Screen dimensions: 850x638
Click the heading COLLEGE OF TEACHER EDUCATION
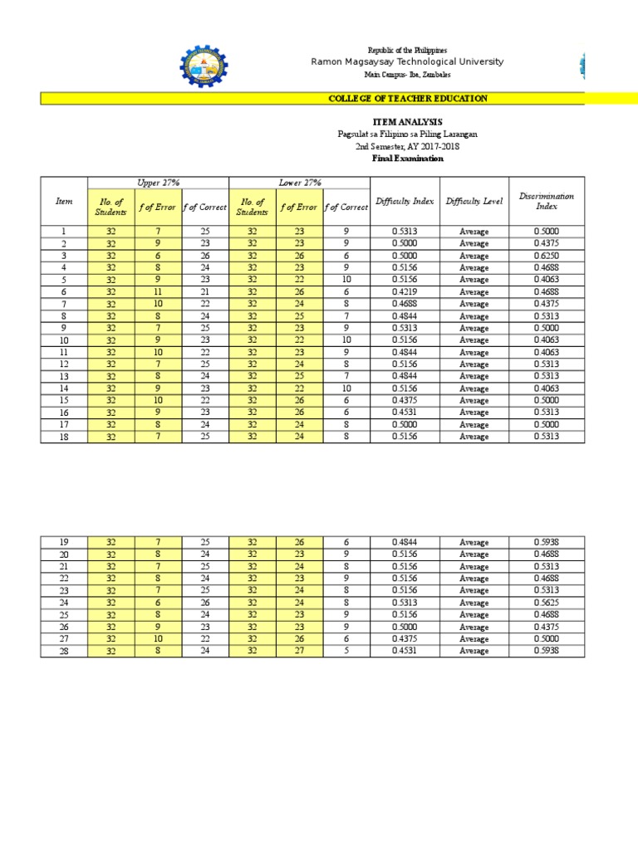point(408,99)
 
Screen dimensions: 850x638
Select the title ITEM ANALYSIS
point(407,122)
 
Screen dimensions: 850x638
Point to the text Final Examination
point(407,159)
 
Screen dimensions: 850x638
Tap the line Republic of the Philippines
point(407,51)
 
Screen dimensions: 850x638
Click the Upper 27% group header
point(158,183)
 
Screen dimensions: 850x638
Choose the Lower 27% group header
point(299,183)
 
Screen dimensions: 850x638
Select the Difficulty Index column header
point(405,201)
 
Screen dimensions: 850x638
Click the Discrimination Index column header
point(547,201)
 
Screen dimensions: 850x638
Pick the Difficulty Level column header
point(474,201)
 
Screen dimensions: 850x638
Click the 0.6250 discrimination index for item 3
point(547,256)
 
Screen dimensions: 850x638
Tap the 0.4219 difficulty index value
point(405,292)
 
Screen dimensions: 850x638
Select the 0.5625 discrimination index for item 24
point(547,603)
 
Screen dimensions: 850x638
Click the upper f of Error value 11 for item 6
point(158,292)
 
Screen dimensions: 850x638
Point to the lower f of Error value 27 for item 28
point(299,652)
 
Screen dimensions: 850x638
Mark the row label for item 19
point(64,542)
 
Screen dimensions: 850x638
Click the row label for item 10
point(64,341)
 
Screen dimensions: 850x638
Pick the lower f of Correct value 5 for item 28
point(346,652)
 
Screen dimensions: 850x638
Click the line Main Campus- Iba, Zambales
point(407,75)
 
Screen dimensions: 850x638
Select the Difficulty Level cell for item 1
point(474,232)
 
